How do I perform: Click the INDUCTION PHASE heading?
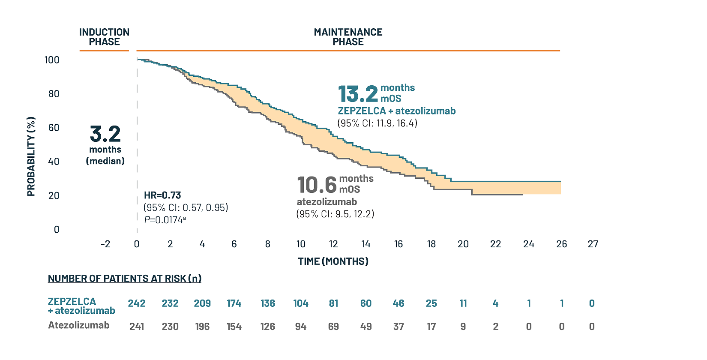[x=104, y=37]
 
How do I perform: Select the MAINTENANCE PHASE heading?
[x=348, y=37]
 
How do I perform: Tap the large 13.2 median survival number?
[x=358, y=94]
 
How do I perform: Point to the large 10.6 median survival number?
[x=317, y=185]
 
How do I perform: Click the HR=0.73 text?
[x=162, y=195]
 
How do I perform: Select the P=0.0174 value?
[x=165, y=219]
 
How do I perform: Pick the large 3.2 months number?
[x=105, y=134]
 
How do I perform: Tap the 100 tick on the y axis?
[x=52, y=60]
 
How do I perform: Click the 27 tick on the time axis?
[x=593, y=244]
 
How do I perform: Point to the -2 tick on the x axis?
[x=105, y=244]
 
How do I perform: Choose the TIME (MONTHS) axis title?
[x=333, y=261]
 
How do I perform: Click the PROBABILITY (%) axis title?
[x=31, y=156]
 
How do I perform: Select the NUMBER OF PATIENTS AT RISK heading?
[x=125, y=279]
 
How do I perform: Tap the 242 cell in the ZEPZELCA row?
[x=137, y=303]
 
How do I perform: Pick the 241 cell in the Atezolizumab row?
[x=137, y=327]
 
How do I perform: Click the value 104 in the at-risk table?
[x=301, y=303]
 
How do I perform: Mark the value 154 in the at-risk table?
[x=234, y=327]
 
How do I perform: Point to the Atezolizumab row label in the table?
[x=79, y=325]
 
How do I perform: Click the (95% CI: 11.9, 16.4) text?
[x=377, y=123]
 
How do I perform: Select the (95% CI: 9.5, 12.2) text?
[x=335, y=213]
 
